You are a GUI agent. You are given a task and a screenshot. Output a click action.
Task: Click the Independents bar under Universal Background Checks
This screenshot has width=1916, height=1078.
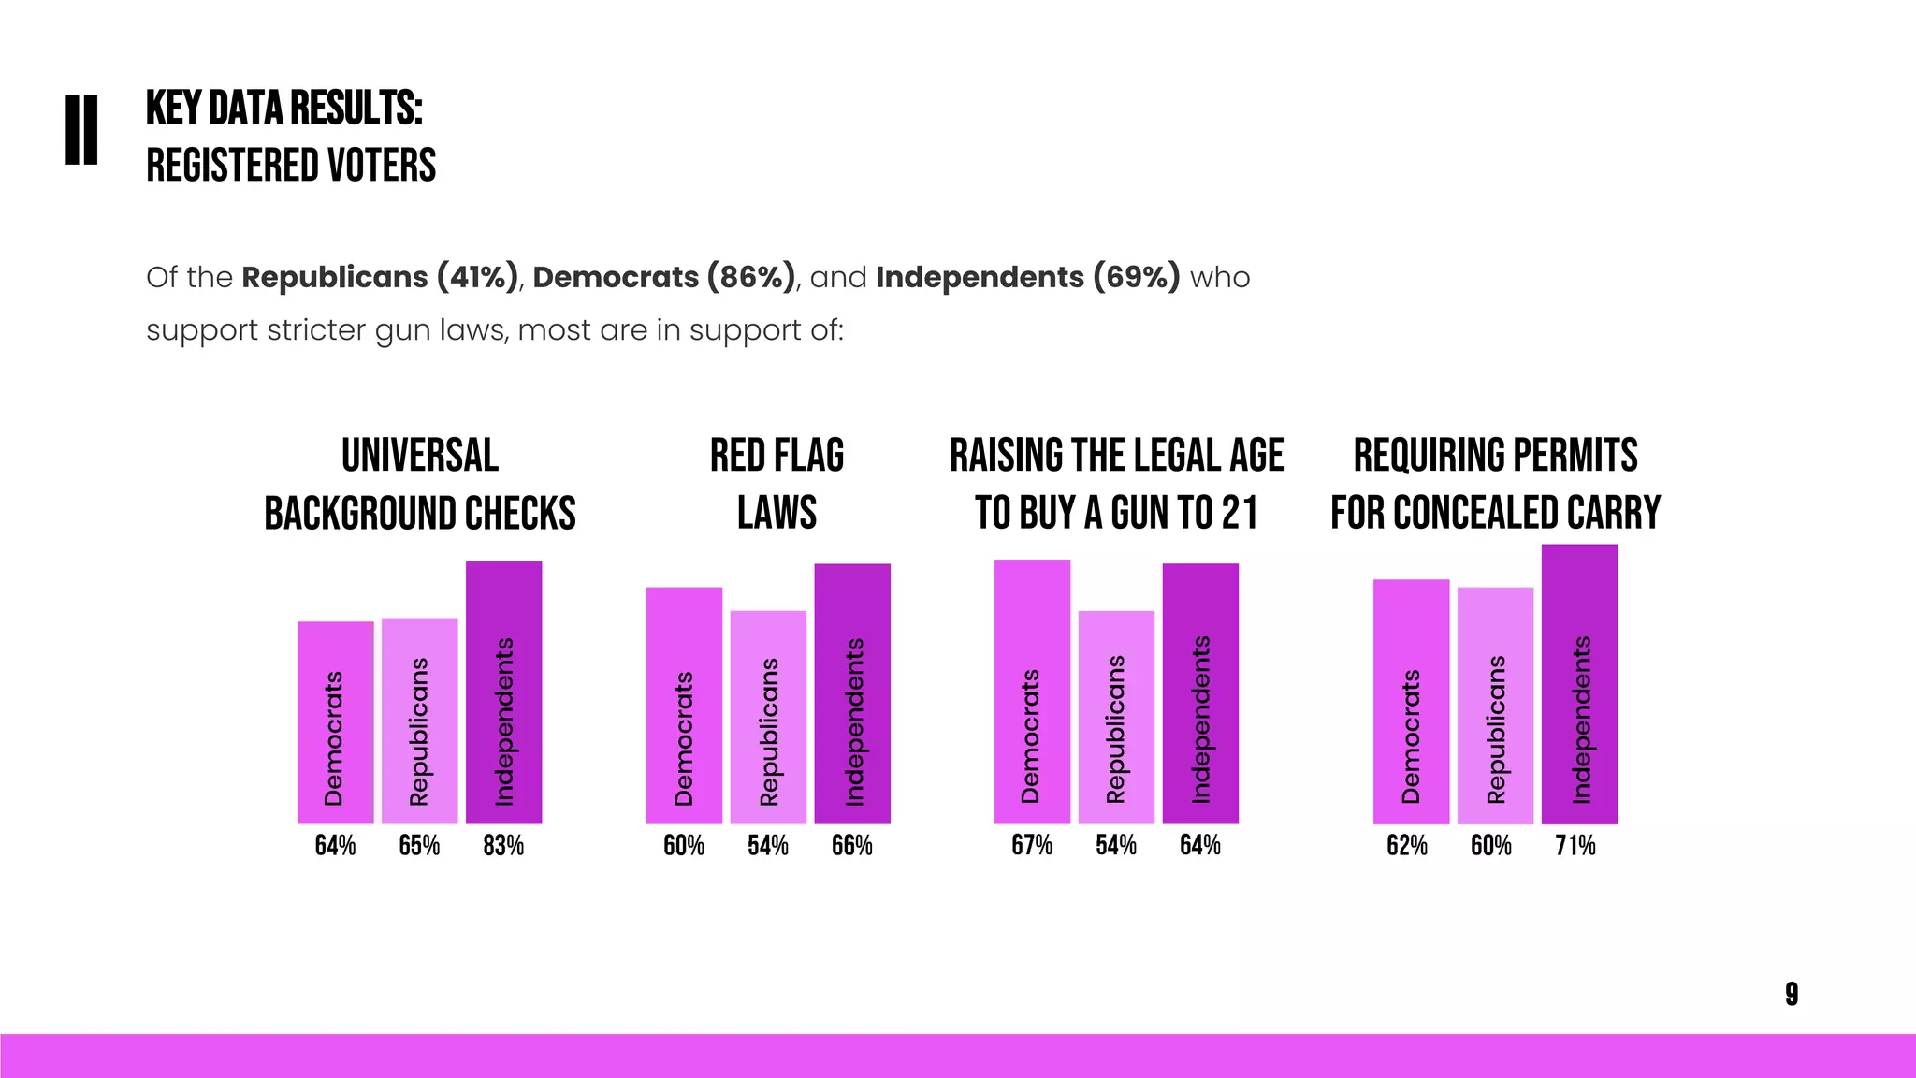tap(503, 692)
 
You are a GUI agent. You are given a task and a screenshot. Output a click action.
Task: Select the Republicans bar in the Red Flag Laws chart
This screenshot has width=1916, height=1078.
tap(768, 717)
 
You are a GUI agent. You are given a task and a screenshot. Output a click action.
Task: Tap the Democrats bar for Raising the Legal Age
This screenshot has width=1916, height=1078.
tap(1032, 692)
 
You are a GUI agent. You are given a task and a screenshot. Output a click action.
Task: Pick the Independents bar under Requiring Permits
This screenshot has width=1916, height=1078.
tap(1579, 684)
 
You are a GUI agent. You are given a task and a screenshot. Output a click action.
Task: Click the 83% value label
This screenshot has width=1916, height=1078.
tap(503, 846)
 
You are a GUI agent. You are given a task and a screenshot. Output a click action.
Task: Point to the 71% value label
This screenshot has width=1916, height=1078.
tap(1575, 846)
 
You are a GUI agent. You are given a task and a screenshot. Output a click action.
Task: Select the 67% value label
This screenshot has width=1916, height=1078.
tap(1032, 846)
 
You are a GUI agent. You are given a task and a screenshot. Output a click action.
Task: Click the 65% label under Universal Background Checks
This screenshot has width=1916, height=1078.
tap(419, 846)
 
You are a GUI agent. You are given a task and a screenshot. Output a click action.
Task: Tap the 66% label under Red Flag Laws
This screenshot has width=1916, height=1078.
tap(852, 846)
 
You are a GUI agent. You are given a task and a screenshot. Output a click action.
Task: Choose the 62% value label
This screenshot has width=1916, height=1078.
tap(1407, 846)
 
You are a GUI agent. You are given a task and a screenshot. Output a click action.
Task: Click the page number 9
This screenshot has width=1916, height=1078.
tap(1792, 994)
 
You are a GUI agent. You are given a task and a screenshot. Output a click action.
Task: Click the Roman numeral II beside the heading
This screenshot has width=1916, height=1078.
tap(81, 130)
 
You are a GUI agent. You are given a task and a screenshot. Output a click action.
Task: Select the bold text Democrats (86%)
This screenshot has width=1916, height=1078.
tap(664, 278)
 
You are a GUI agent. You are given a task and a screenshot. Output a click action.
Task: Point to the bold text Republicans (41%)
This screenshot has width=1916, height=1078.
tap(380, 278)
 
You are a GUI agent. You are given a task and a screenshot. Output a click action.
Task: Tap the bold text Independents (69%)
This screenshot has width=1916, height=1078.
tap(1027, 278)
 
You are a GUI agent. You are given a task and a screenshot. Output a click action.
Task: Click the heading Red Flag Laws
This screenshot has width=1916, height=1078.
tap(777, 484)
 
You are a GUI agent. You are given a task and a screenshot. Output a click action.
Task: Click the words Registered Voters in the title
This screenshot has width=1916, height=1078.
tap(291, 166)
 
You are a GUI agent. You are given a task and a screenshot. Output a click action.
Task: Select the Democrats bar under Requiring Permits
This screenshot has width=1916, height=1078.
tap(1411, 702)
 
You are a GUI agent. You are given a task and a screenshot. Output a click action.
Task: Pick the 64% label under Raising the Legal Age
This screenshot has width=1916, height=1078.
tap(1200, 846)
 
